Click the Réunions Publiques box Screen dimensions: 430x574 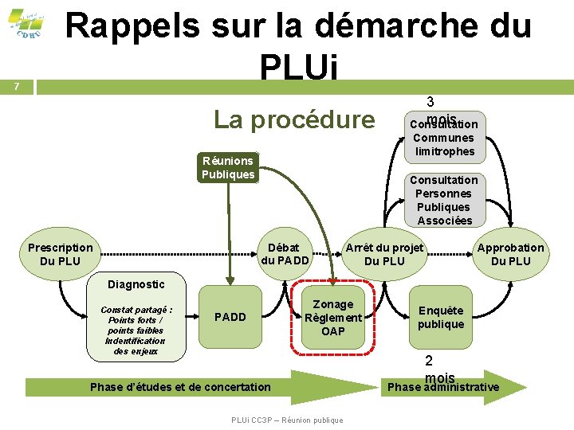(228, 168)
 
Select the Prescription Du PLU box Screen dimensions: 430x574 (60, 254)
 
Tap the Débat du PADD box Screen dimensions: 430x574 (285, 254)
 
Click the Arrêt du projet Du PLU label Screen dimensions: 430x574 (384, 254)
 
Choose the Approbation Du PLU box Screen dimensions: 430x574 (510, 254)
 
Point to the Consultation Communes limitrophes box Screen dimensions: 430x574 (444, 137)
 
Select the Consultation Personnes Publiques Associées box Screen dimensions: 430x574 (444, 200)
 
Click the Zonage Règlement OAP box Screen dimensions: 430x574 (333, 317)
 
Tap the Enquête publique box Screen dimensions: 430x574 (441, 317)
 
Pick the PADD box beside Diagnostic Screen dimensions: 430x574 (230, 317)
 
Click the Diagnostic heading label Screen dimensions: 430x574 (136, 284)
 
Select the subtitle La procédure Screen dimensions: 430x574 (294, 119)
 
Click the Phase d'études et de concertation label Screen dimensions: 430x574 (181, 387)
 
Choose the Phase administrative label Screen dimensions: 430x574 (443, 388)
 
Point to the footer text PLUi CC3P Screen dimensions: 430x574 (287, 420)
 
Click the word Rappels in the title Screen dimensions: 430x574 (132, 25)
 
